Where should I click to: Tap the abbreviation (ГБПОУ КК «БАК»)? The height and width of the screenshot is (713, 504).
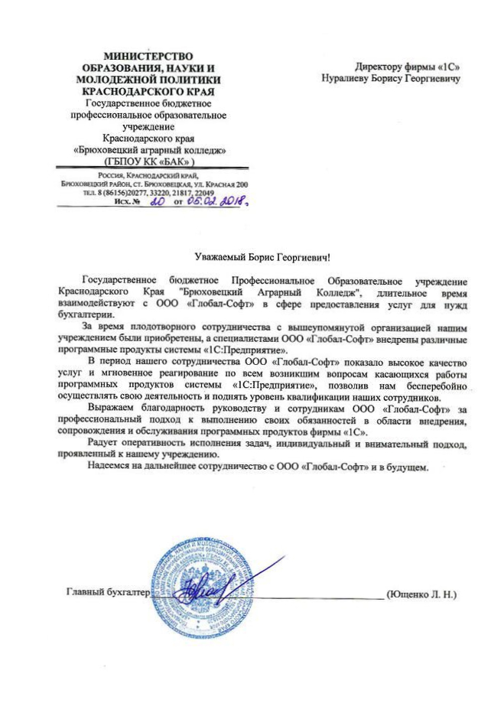[149, 162]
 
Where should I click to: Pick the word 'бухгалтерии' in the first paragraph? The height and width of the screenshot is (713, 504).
[86, 314]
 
